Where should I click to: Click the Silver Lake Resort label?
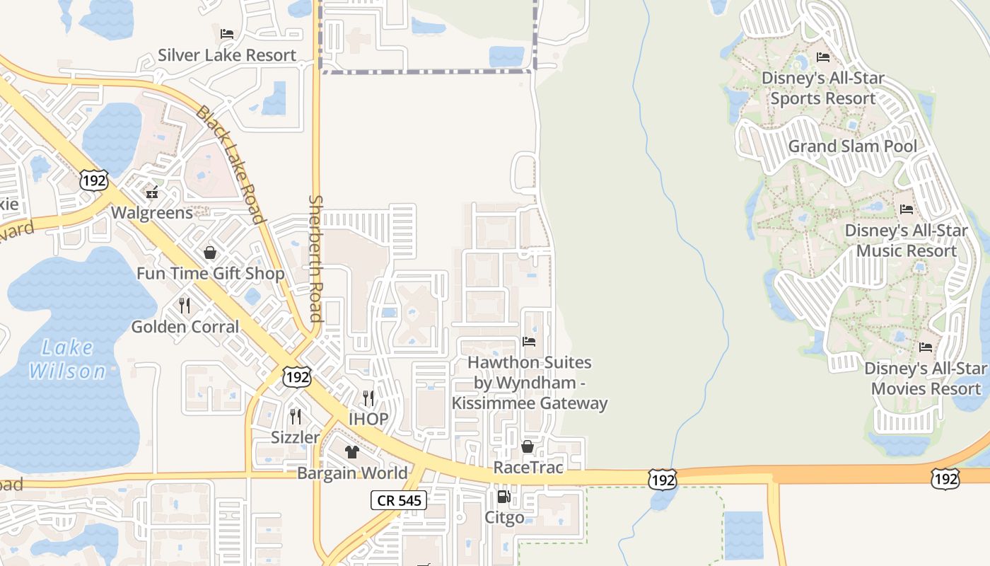(227, 55)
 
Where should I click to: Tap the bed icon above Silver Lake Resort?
(227, 33)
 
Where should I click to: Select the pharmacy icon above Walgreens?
(151, 192)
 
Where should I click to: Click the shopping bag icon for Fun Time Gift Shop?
(210, 253)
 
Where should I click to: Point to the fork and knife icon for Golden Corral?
(185, 306)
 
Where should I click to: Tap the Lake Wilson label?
(68, 359)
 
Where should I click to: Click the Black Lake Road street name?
(230, 164)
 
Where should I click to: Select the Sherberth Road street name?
(316, 258)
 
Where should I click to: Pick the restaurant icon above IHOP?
(368, 398)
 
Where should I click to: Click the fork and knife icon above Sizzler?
(296, 416)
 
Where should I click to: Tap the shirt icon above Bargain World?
(351, 451)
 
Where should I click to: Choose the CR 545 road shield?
(399, 501)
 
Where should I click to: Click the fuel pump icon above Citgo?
(503, 497)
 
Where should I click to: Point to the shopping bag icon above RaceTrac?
(528, 446)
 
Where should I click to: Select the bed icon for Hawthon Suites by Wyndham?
(529, 342)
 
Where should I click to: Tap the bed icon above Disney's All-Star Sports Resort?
(823, 57)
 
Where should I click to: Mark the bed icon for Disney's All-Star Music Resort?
(907, 209)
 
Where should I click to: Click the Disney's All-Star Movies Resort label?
(926, 379)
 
